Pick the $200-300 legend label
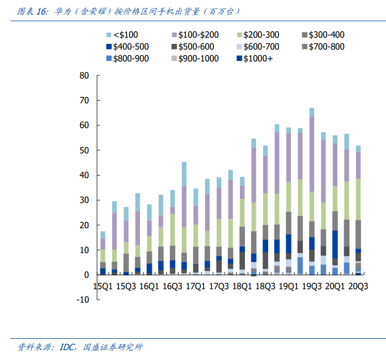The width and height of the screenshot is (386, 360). point(261,35)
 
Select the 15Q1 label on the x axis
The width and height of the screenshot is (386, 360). point(103,285)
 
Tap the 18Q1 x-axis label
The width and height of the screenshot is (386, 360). point(242,285)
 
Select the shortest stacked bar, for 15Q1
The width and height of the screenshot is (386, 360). point(103,253)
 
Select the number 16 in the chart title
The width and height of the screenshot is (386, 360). point(43,11)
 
